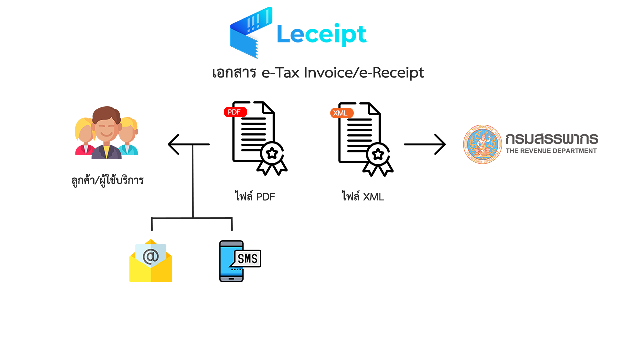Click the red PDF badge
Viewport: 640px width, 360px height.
point(235,112)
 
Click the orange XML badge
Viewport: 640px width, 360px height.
point(341,113)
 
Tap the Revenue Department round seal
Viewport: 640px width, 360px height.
point(483,144)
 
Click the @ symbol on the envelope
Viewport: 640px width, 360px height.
point(150,256)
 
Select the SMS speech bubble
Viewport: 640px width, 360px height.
point(248,258)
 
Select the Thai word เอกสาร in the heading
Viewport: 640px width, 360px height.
point(234,73)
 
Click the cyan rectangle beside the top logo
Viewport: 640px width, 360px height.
point(336,33)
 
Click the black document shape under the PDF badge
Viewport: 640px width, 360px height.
point(260,145)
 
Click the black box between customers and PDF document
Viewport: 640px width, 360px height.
point(188,144)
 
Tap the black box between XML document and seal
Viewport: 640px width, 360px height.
point(424,144)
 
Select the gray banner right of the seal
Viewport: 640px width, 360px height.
point(551,144)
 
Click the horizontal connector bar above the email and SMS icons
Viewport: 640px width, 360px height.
point(192,218)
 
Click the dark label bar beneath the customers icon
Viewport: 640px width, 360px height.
point(107,180)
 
